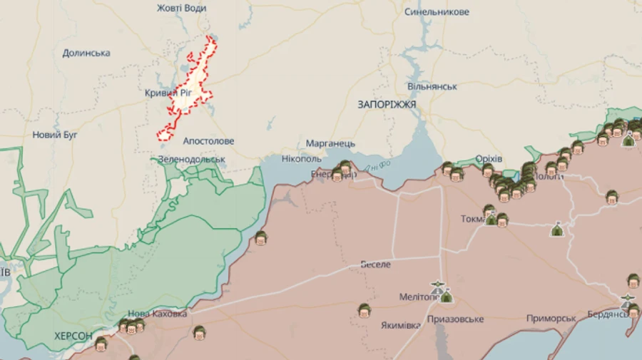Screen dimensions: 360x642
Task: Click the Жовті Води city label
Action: click(x=181, y=8)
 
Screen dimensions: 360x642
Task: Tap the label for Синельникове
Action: click(x=437, y=12)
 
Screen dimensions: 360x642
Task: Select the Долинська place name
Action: click(x=86, y=53)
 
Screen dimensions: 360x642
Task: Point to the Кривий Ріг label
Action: click(x=168, y=93)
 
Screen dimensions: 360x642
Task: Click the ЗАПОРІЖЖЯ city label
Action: click(x=387, y=104)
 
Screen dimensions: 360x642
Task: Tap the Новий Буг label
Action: click(x=55, y=135)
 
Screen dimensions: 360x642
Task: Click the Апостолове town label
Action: click(x=208, y=141)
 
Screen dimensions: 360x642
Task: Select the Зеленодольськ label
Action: click(x=191, y=159)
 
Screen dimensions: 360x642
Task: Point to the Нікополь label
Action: click(x=302, y=158)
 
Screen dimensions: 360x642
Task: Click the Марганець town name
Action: click(x=330, y=143)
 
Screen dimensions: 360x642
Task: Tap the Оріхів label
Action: click(x=489, y=158)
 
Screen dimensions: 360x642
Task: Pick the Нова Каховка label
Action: click(x=157, y=314)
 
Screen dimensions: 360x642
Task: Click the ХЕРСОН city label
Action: click(x=73, y=336)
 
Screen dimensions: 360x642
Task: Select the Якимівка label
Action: click(x=400, y=325)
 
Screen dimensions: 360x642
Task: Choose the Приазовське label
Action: click(x=456, y=319)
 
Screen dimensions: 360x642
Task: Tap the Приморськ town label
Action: click(x=551, y=318)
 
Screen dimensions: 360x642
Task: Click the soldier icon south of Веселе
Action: click(x=365, y=310)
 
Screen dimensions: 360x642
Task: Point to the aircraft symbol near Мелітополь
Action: click(x=437, y=287)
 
